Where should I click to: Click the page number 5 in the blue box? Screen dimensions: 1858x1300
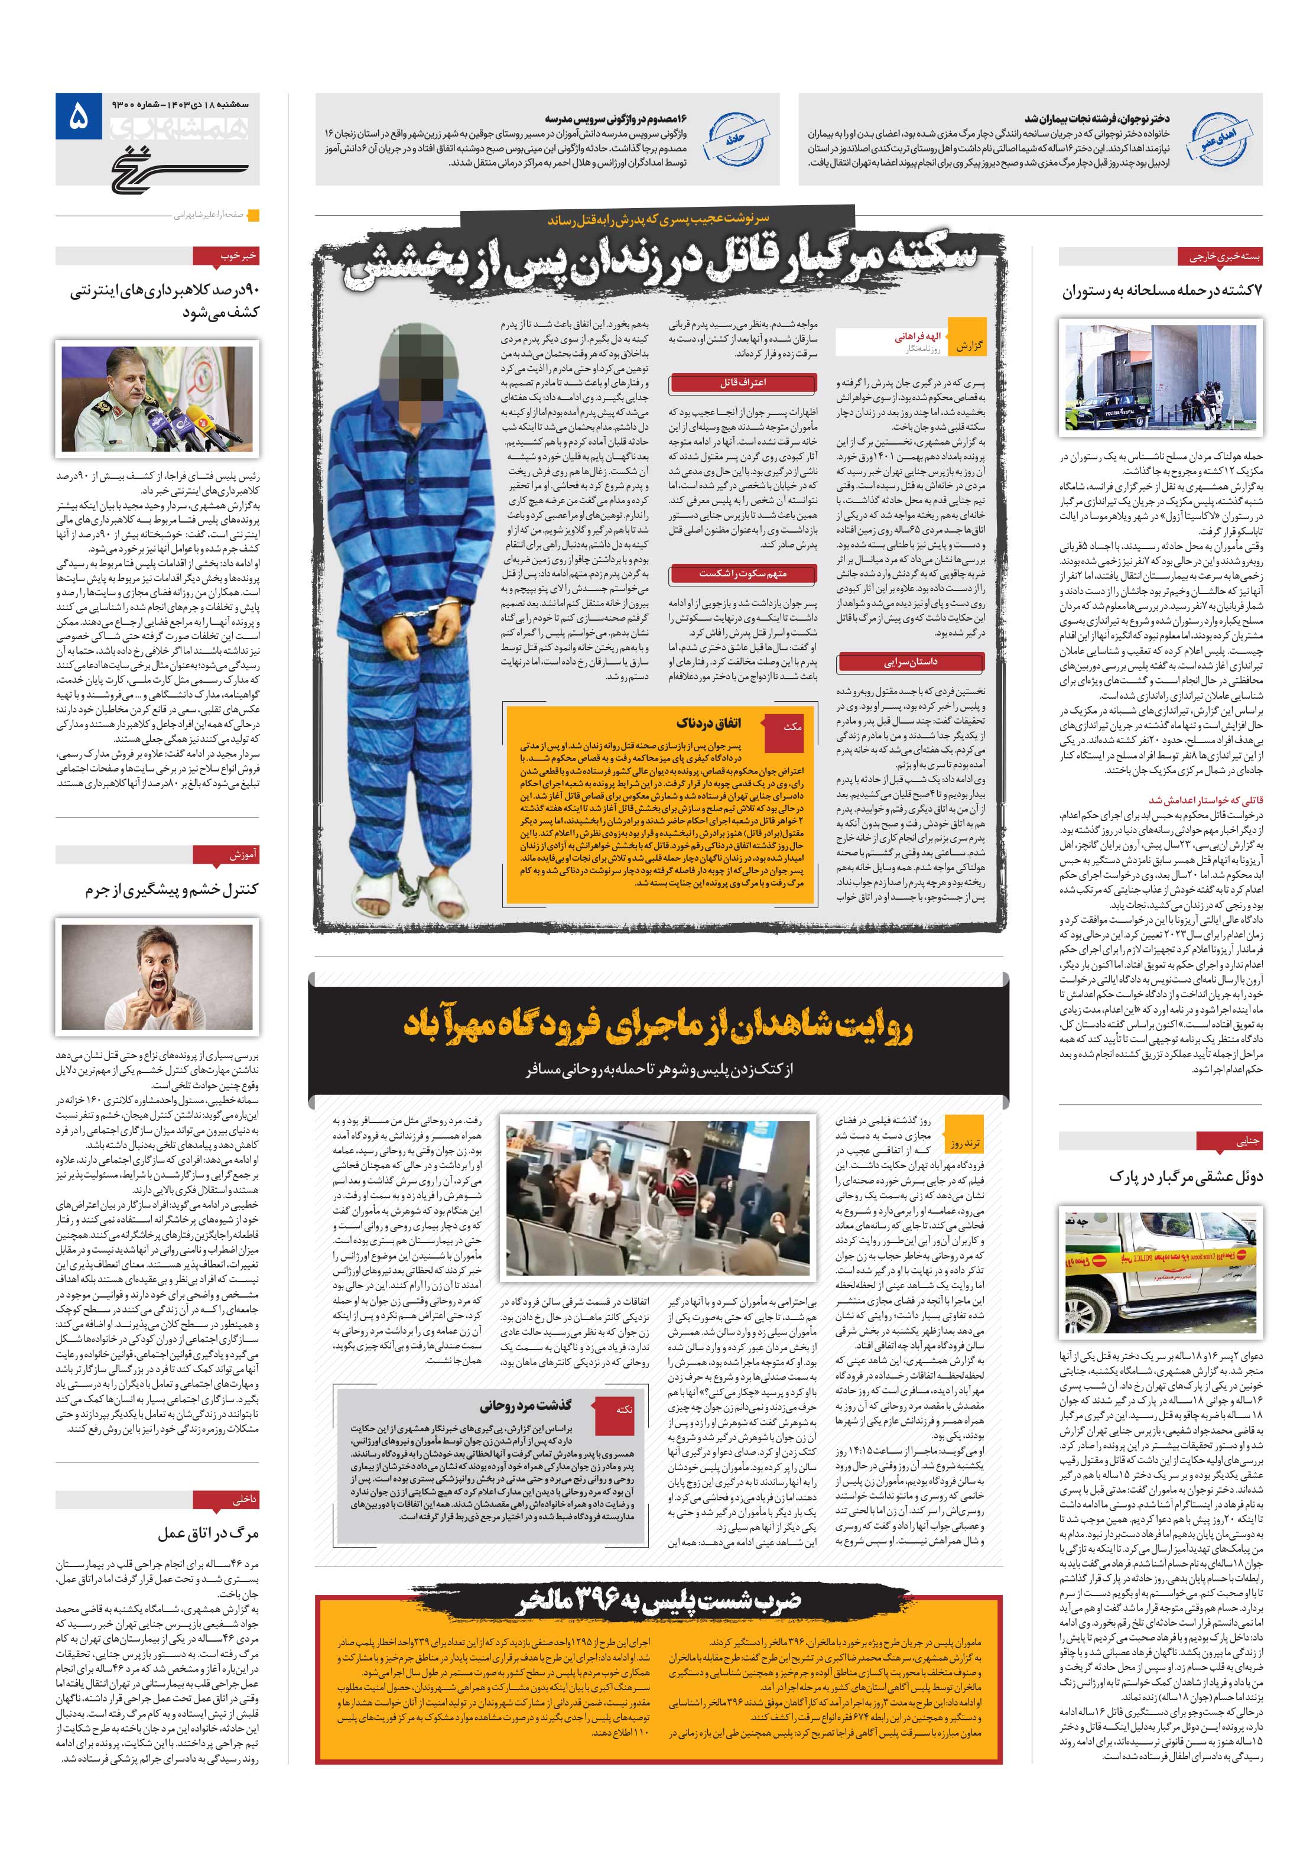point(77,119)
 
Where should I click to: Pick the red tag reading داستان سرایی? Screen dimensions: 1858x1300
point(912,662)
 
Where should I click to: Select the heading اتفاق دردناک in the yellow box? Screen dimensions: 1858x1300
point(708,722)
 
